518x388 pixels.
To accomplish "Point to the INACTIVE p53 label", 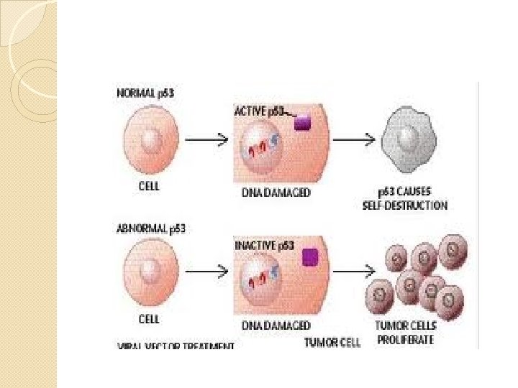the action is tap(265, 245).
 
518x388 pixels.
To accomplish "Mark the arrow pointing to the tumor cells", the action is tap(352, 274).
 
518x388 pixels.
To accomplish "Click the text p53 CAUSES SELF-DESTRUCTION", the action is tap(405, 200).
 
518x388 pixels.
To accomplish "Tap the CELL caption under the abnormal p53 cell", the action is tap(148, 318).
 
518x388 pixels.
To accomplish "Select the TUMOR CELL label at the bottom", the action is tap(332, 343).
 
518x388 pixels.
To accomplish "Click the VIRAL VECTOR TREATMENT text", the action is tap(176, 346).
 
